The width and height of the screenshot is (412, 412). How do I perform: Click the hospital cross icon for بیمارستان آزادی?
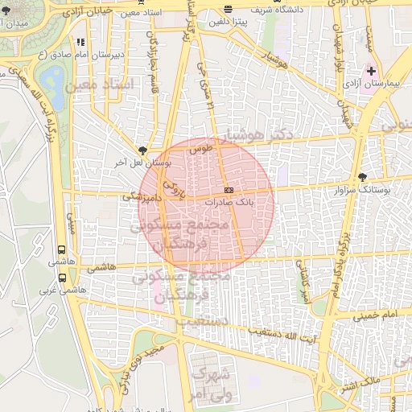tap(371, 72)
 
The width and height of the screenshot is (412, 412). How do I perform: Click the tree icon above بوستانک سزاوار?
tap(363, 177)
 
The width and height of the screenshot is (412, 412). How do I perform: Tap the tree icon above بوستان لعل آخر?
tap(142, 150)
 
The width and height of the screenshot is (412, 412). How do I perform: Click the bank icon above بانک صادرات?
tap(229, 189)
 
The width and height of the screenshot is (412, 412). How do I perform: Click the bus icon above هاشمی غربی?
tap(62, 278)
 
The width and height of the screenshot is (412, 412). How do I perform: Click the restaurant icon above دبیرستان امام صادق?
tap(79, 42)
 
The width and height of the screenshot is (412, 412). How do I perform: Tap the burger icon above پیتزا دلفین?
tap(228, 10)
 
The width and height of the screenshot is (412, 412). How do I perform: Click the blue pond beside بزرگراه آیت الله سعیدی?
tap(53, 79)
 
